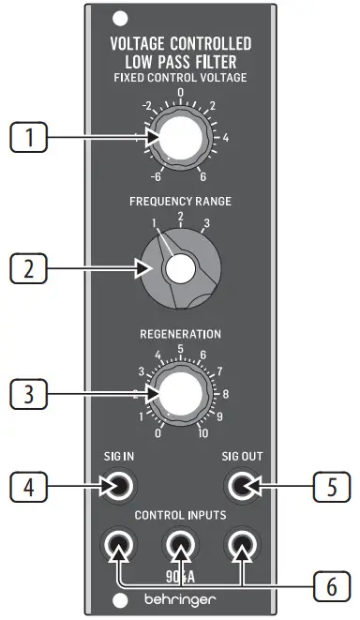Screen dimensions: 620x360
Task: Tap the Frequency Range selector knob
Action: click(x=178, y=270)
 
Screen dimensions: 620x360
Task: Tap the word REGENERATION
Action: click(x=180, y=333)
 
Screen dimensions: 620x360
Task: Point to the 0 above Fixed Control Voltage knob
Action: click(x=180, y=93)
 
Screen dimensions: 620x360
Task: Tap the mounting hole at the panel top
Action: click(x=118, y=16)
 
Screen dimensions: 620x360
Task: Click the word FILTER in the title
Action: click(x=228, y=61)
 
